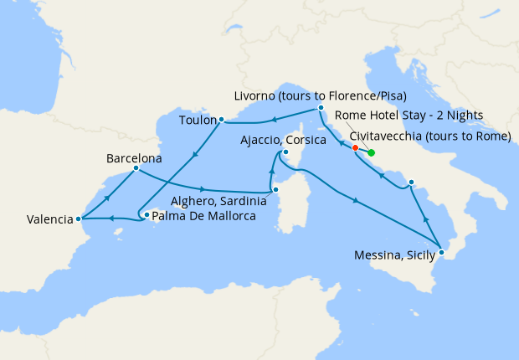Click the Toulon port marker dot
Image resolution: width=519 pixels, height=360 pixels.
[221, 120]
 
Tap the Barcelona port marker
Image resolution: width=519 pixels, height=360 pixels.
[135, 169]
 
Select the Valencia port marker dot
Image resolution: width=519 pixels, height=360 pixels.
[79, 219]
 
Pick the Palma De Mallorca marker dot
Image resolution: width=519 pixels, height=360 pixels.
[146, 215]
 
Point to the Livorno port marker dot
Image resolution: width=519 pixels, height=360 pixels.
[321, 108]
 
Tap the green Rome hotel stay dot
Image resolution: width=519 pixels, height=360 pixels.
[371, 152]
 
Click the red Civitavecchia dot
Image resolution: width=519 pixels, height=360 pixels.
[356, 148]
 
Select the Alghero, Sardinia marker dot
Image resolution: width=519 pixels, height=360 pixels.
[275, 189]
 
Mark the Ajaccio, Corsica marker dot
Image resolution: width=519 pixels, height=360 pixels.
[285, 152]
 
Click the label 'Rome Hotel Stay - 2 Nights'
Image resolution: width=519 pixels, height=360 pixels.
[409, 115]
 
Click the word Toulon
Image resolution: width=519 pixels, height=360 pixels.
[197, 121]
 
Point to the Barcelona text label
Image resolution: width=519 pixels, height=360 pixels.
[134, 157]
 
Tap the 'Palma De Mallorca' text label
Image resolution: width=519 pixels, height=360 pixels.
[204, 216]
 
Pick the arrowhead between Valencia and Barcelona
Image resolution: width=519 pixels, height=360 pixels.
[107, 195]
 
